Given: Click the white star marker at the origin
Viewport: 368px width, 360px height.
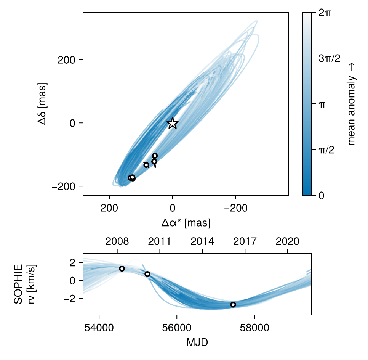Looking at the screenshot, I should point(173,123).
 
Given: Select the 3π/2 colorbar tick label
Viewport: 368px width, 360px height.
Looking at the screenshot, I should point(329,58).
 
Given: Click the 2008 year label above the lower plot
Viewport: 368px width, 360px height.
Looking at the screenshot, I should point(117,241).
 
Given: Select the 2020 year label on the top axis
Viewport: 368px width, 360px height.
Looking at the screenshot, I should point(287,241).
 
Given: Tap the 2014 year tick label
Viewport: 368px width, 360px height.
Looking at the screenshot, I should point(202,241).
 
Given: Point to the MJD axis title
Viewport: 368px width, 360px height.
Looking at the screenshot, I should point(197,342).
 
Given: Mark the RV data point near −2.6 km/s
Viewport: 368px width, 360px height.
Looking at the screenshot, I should point(233,304).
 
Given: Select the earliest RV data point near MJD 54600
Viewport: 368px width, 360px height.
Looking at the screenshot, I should point(122,268).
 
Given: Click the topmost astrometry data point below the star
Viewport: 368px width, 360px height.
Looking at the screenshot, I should point(155,156).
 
